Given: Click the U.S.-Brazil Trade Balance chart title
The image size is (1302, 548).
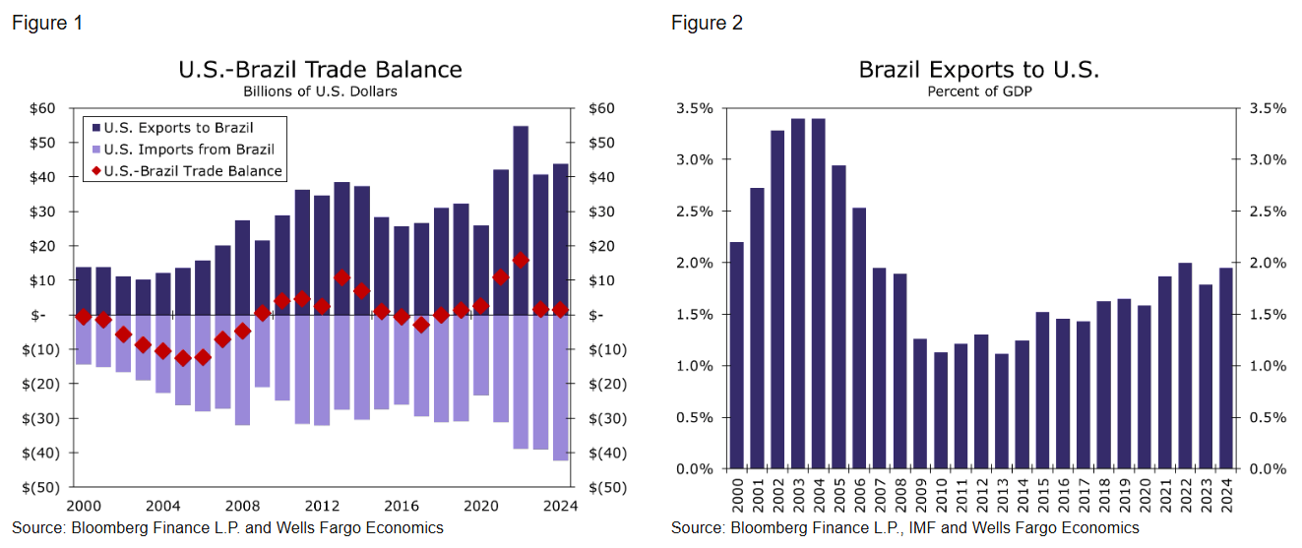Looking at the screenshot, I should click(x=320, y=70).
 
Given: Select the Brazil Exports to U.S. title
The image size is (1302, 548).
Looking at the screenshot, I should click(x=978, y=70).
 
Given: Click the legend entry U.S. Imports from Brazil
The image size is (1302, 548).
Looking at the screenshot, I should click(x=189, y=150).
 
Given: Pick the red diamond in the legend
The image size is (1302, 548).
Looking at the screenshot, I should click(x=96, y=171).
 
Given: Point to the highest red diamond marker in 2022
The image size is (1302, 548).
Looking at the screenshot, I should click(x=521, y=260).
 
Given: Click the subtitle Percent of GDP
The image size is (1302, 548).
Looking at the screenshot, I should click(x=978, y=91).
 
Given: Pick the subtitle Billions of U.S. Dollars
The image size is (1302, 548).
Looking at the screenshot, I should click(x=320, y=91).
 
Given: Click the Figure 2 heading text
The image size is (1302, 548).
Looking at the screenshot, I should click(x=707, y=23).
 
